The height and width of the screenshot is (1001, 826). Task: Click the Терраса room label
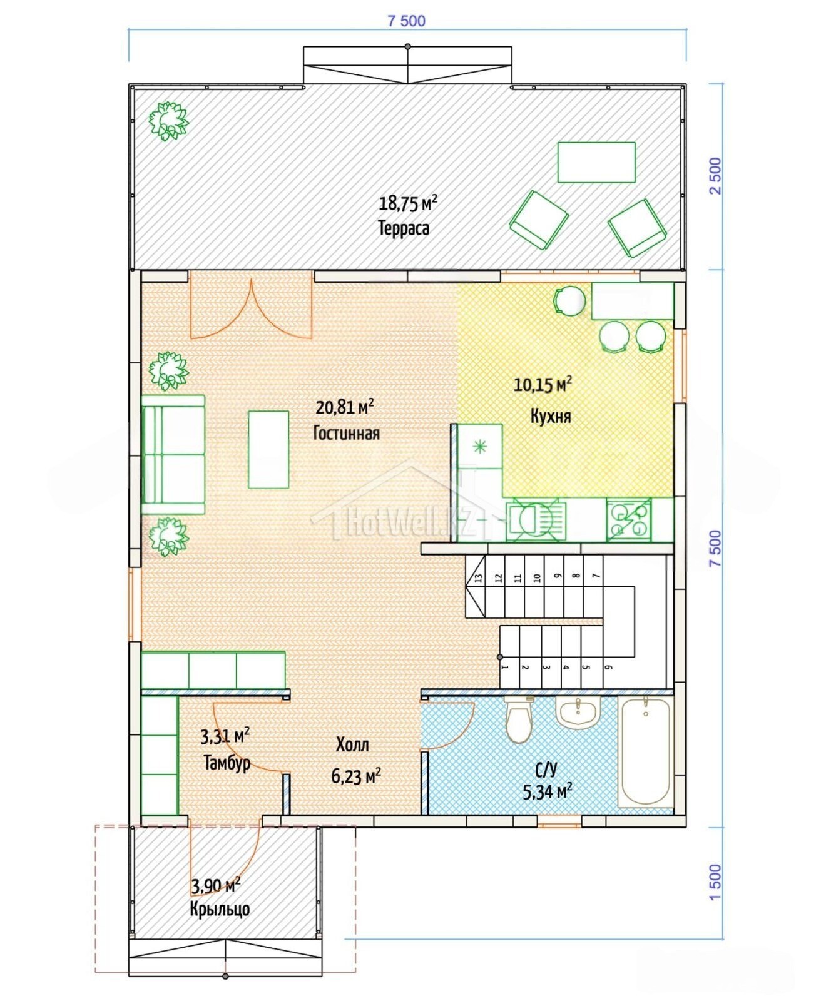(404, 228)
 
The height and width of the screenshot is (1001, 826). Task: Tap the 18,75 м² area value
(408, 203)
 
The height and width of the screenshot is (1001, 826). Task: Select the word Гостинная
(346, 433)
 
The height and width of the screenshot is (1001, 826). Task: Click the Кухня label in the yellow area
(551, 416)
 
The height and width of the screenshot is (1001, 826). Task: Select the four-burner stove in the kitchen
(628, 520)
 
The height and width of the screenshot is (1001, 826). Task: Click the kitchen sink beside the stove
(536, 520)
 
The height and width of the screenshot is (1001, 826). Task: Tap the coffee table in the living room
(268, 449)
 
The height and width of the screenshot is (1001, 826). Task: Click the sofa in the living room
(173, 454)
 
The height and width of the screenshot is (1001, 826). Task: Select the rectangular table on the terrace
(596, 162)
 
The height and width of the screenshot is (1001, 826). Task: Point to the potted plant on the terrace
(168, 121)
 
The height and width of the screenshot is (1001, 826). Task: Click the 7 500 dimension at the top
(406, 21)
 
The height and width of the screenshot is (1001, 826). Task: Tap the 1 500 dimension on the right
(715, 882)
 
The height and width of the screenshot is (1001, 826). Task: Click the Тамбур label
(227, 763)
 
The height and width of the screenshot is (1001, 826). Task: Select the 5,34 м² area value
(548, 792)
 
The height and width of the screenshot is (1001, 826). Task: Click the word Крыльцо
(220, 908)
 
